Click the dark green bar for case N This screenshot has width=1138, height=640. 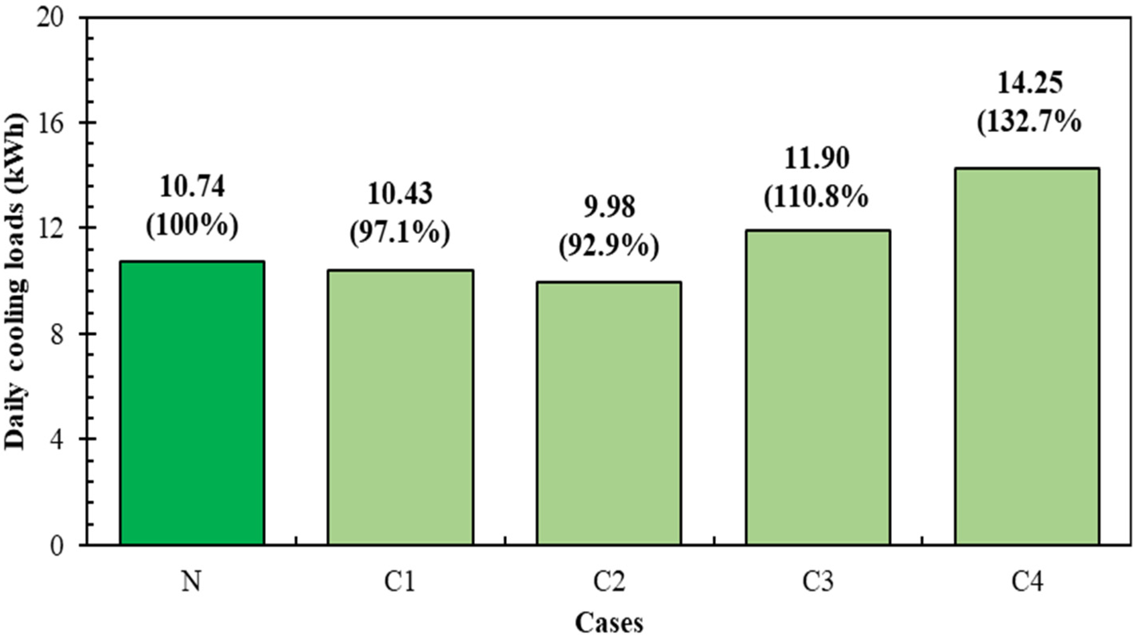[x=192, y=403]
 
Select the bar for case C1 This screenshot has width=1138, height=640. [x=400, y=407]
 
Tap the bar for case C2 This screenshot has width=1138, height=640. [x=609, y=413]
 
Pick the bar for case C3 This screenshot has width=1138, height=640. [x=818, y=387]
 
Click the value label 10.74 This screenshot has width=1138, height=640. [x=192, y=187]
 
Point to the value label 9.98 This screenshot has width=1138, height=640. [x=609, y=207]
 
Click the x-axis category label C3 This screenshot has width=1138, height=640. [x=818, y=582]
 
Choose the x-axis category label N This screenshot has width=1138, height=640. [x=192, y=582]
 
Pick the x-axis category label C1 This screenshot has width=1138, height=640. [x=399, y=582]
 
